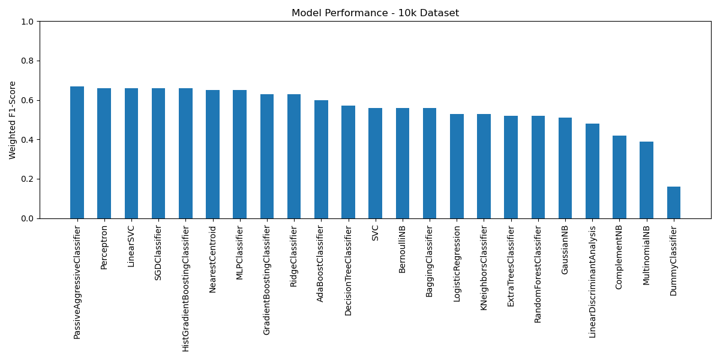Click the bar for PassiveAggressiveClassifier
point(77,152)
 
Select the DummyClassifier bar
point(674,203)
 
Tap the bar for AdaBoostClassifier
point(321,160)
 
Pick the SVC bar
point(375,163)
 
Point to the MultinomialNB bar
point(646,180)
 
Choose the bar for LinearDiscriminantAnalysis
point(592,171)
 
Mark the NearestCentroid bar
point(212,154)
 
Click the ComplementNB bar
point(619,177)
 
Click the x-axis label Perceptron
point(104,247)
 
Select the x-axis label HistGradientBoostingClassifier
point(185,289)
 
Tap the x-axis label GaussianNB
point(565,250)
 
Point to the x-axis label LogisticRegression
point(457,264)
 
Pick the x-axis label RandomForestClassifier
point(538,274)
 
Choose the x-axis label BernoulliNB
point(402,250)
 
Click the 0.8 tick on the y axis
point(28,61)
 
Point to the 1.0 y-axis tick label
point(28,22)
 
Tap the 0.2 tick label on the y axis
point(28,179)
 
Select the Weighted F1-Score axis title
point(12,120)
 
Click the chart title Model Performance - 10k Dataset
point(375,13)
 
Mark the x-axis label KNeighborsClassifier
point(484,268)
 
